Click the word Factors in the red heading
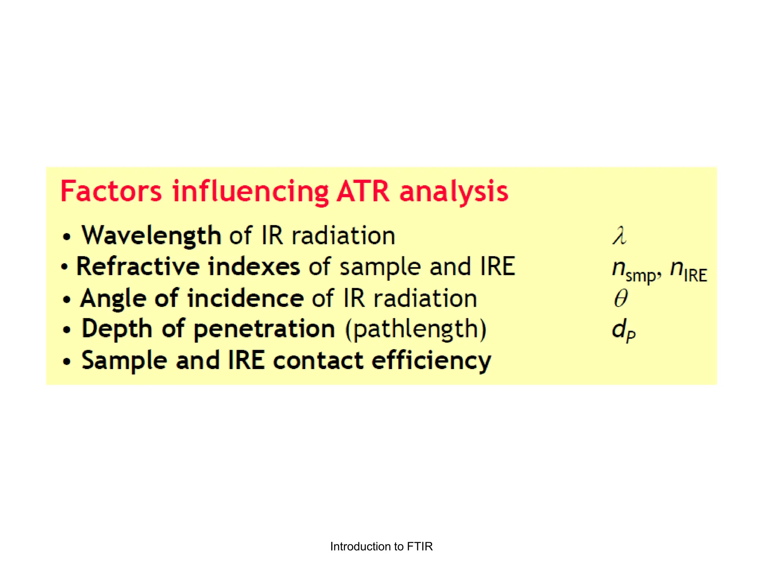click(x=111, y=191)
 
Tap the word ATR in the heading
click(x=363, y=191)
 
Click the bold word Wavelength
click(x=151, y=236)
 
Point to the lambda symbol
click(x=619, y=236)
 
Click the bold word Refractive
click(x=138, y=267)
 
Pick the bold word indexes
click(x=254, y=267)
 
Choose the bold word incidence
click(x=246, y=298)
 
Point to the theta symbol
click(x=621, y=298)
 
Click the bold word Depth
click(x=117, y=330)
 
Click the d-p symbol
click(x=623, y=330)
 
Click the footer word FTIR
click(x=420, y=546)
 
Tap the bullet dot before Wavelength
click(x=67, y=237)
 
